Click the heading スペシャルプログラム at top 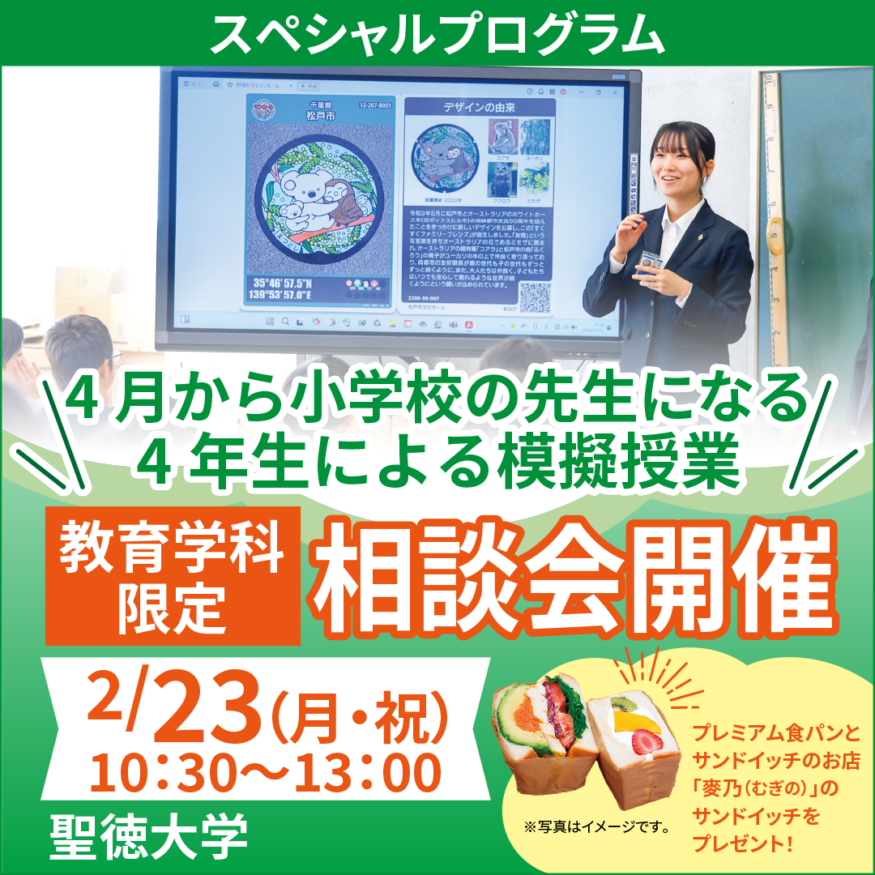pyautogui.click(x=437, y=32)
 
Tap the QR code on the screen pyautogui.click(x=534, y=297)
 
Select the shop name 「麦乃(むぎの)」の pyautogui.click(x=766, y=788)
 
